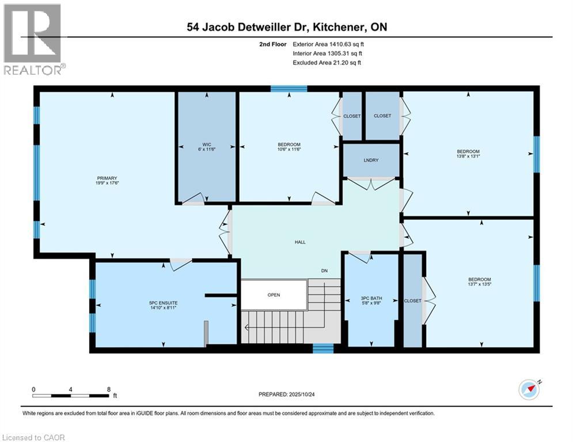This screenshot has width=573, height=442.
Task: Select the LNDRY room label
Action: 371,161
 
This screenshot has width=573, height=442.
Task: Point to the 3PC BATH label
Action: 371,298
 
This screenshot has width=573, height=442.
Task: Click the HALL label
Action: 299,242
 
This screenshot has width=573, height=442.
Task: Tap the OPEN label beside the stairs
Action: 274,295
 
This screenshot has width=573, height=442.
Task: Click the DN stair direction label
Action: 325,271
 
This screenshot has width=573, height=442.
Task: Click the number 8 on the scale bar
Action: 109,389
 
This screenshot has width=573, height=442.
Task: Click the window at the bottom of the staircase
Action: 323,348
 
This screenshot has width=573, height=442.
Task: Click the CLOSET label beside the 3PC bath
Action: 412,300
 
